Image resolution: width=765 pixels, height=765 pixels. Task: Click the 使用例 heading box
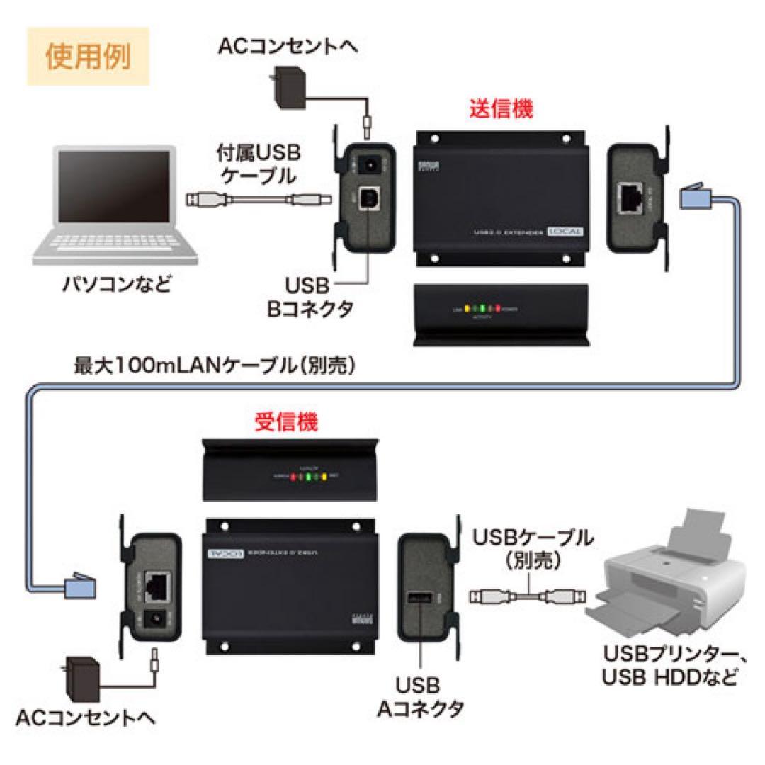coord(88,57)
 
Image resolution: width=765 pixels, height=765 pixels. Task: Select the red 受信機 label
coord(286,423)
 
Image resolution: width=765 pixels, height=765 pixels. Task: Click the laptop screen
coord(114,189)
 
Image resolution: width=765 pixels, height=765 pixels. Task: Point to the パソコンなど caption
coord(117,287)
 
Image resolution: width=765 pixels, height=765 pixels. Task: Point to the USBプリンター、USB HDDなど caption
coord(669,664)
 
